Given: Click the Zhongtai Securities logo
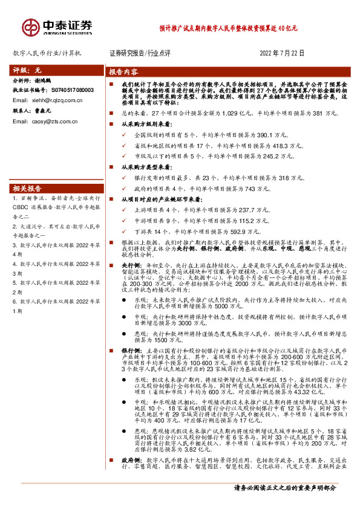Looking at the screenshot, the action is pyautogui.click(x=58, y=27).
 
